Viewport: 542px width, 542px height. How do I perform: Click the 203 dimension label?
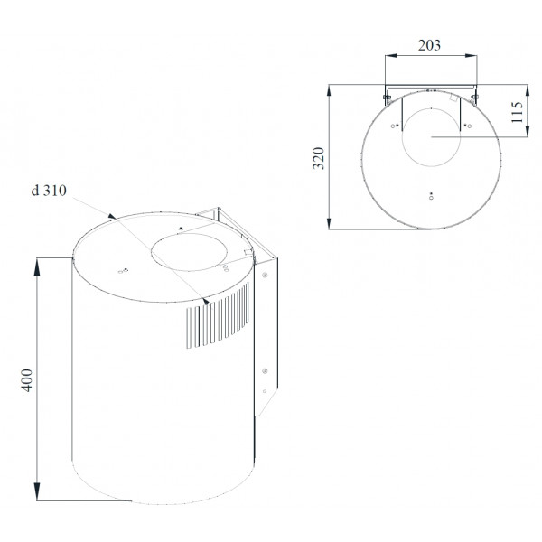click(x=429, y=45)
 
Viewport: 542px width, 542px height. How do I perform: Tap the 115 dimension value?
click(x=518, y=112)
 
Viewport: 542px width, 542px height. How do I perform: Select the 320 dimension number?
click(x=318, y=158)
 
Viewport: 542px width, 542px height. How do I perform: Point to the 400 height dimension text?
click(x=26, y=380)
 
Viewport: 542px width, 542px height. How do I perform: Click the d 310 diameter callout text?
click(x=49, y=191)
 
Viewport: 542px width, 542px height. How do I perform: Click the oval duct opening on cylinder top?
click(x=189, y=252)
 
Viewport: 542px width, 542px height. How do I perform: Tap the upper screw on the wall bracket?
click(x=265, y=276)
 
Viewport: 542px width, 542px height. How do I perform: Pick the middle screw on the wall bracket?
click(x=265, y=371)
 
